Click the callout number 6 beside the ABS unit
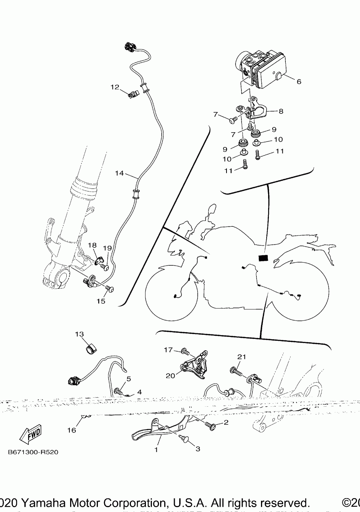299,82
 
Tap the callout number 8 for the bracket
281,111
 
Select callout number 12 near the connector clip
115,87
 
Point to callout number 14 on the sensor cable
119,173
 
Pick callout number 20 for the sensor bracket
171,376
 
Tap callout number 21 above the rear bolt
241,356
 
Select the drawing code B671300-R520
33,452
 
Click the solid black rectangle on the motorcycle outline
264,258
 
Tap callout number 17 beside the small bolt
168,350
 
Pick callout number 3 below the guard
198,449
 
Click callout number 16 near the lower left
72,430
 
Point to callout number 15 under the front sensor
101,301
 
